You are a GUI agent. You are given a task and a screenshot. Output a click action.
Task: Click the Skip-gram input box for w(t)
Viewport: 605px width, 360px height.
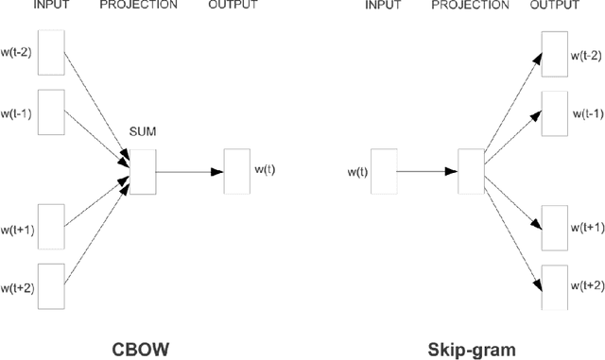point(384,171)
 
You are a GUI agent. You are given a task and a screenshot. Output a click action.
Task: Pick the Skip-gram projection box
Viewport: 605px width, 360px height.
point(469,171)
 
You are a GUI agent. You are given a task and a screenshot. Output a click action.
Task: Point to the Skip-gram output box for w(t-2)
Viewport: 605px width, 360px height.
point(555,53)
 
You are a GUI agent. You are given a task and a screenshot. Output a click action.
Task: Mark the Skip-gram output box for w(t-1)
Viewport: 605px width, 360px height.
point(555,113)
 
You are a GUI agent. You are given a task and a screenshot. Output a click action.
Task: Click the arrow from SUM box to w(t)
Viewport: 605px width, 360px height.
point(189,171)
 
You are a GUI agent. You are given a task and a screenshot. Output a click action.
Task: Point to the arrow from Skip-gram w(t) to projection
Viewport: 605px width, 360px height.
point(426,172)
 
